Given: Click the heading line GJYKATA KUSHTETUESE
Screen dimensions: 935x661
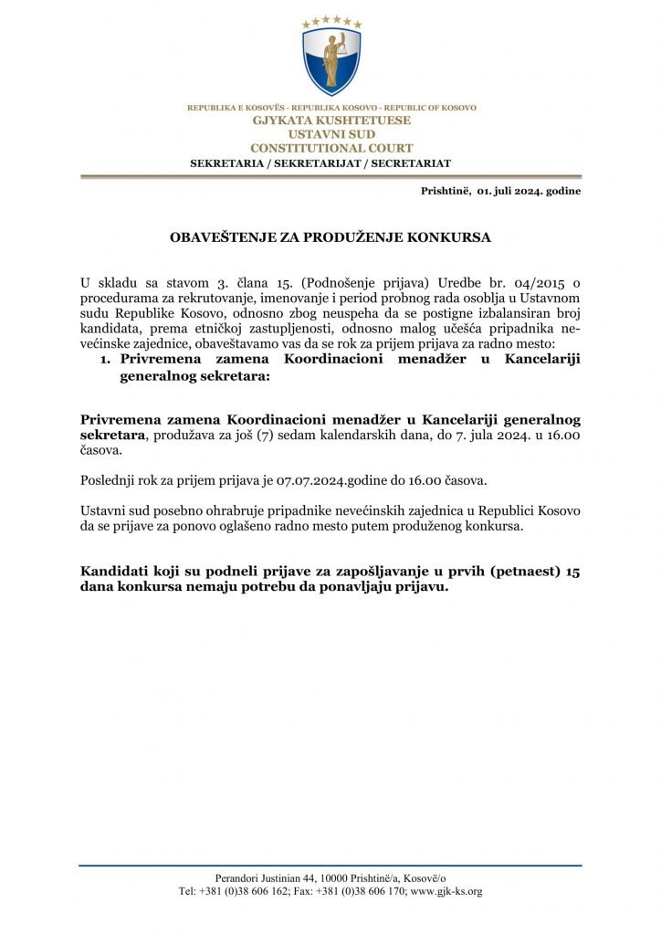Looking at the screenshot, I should pyautogui.click(x=331, y=121).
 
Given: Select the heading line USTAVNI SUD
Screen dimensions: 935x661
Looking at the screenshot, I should pyautogui.click(x=331, y=134).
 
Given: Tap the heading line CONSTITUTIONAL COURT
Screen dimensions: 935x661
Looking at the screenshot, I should pyautogui.click(x=331, y=148).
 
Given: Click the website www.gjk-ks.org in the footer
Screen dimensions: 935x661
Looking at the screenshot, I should pyautogui.click(x=446, y=891).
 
